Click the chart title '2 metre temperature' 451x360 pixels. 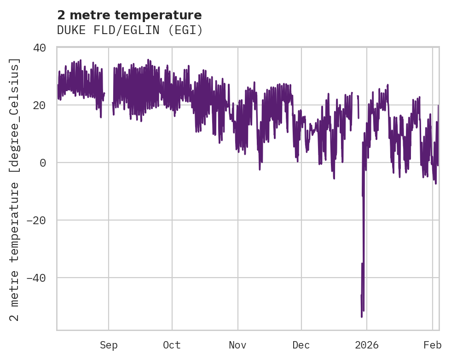129,15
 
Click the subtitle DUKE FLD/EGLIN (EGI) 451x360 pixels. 130,30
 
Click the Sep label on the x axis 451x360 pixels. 109,345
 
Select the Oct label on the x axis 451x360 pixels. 172,345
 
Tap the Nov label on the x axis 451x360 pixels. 238,345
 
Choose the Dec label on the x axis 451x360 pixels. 301,345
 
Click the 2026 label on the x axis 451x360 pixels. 367,345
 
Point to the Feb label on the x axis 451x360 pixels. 433,345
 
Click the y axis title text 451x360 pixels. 16,189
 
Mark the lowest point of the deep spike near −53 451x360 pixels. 362,316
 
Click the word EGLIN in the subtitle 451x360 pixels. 141,30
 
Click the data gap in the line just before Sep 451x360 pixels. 108,99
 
